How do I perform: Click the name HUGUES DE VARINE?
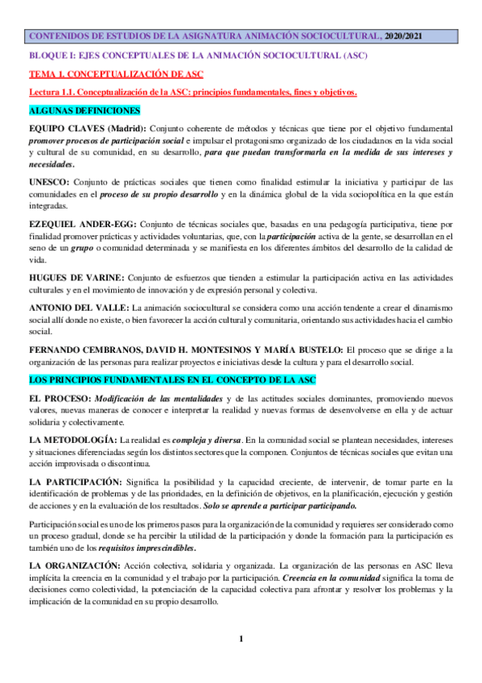pyautogui.click(x=75, y=278)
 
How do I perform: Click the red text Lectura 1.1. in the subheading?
pyautogui.click(x=53, y=93)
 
